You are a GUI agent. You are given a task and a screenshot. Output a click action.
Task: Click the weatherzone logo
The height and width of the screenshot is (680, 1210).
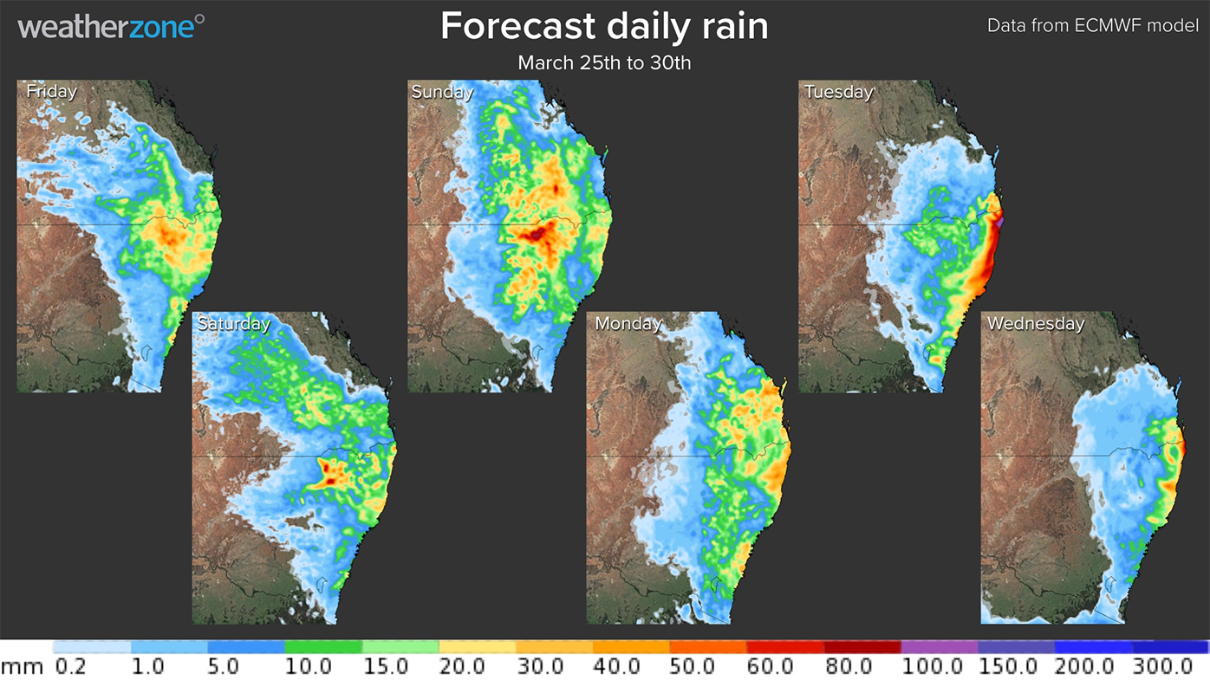pos(111,26)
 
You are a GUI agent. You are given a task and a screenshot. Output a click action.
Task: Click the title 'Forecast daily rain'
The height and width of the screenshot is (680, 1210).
pos(604,26)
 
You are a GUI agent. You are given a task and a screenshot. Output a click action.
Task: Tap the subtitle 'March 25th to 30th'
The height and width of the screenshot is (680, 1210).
pos(604,63)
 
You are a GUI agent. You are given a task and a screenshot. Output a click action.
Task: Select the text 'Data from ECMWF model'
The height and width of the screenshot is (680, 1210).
pos(1092,25)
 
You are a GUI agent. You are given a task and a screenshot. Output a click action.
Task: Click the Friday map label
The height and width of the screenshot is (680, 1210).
pos(51,91)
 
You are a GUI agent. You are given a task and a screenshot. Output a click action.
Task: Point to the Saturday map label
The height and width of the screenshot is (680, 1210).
pos(233,323)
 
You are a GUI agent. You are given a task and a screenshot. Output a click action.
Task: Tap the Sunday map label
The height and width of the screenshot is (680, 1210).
pos(442,92)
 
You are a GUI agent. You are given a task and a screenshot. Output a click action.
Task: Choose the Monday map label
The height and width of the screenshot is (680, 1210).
pos(628,323)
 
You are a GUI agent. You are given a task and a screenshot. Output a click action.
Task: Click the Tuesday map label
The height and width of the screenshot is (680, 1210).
pos(838,92)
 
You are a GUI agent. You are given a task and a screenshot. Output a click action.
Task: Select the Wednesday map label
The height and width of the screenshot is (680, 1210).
pos(1035,323)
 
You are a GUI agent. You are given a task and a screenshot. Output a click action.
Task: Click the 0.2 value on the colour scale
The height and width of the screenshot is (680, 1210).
pos(70,666)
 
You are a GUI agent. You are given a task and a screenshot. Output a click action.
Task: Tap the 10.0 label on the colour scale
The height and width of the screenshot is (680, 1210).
pos(309,666)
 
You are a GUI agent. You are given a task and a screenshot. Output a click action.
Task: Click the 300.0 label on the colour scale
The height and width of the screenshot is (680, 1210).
pos(1162,666)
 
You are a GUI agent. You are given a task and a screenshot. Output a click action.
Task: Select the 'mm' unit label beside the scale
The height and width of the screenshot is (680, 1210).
pos(22,667)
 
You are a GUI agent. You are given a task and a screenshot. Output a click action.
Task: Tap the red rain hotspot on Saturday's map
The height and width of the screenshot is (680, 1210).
pos(328,473)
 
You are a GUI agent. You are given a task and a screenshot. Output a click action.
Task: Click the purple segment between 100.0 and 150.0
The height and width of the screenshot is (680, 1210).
pos(939,647)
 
